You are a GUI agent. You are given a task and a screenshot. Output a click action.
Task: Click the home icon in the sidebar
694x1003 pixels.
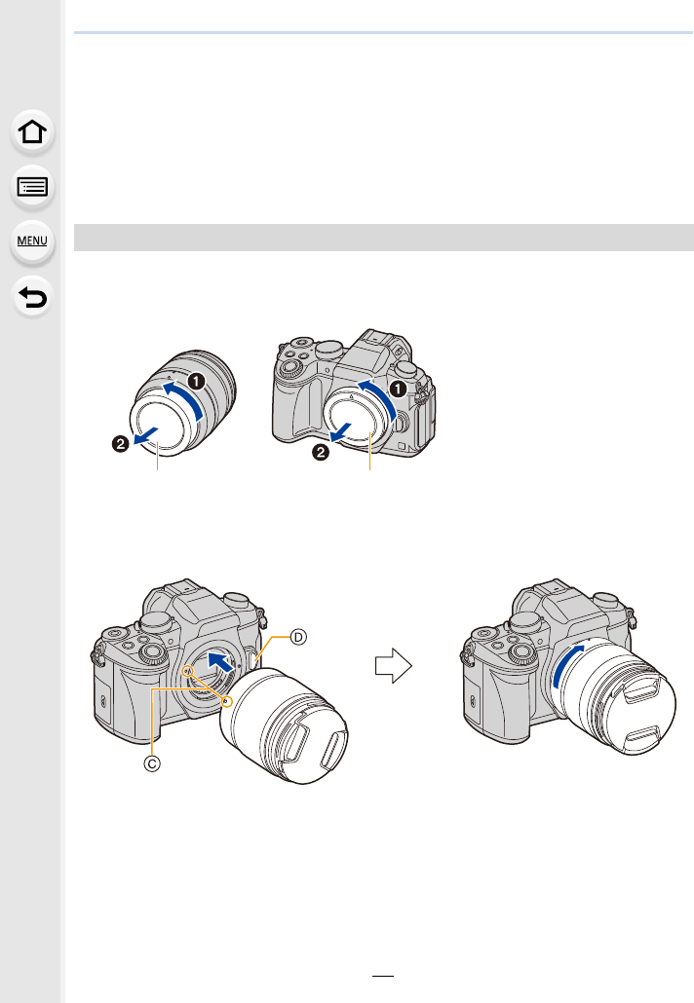32,131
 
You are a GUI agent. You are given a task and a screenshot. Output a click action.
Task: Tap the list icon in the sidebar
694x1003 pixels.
32,187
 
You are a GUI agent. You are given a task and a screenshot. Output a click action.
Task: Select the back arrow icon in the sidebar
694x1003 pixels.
32,297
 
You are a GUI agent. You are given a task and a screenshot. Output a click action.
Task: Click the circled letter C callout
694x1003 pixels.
152,763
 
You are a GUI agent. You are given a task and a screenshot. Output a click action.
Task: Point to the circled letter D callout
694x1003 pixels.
298,637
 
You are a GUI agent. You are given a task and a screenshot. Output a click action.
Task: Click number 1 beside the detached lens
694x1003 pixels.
196,382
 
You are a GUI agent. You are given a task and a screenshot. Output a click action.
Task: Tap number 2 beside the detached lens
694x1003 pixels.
120,443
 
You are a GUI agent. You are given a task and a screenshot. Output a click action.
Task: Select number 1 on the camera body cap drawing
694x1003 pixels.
399,389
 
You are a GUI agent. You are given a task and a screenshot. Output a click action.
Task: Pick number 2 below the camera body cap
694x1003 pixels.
320,453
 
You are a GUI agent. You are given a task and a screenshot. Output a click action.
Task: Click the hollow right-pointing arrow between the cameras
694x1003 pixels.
393,666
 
